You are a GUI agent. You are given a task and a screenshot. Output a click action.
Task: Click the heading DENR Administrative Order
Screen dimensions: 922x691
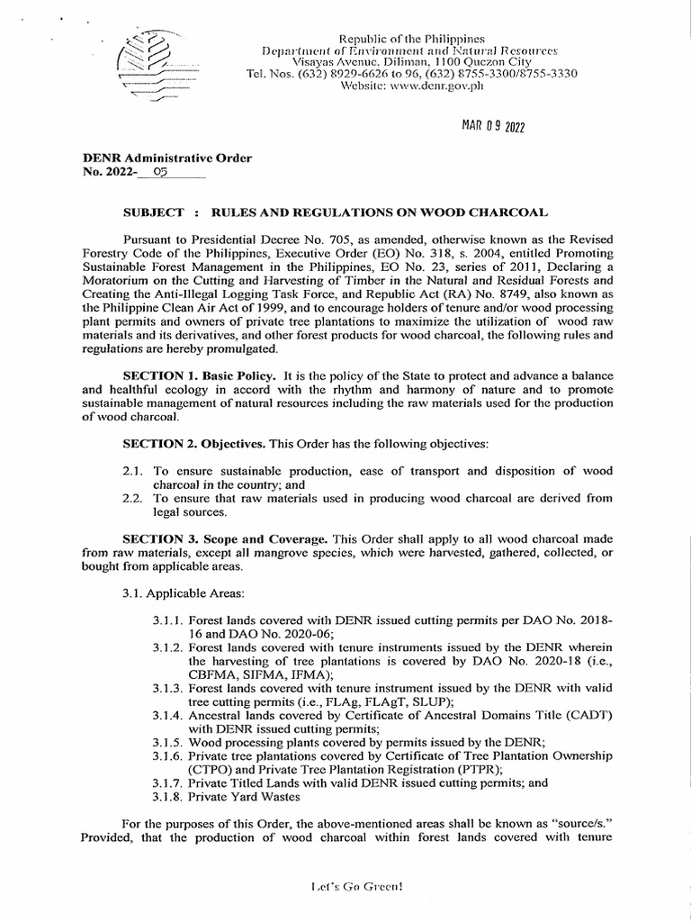click(167, 158)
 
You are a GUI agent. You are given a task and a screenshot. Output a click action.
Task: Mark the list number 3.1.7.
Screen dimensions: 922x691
click(170, 782)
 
